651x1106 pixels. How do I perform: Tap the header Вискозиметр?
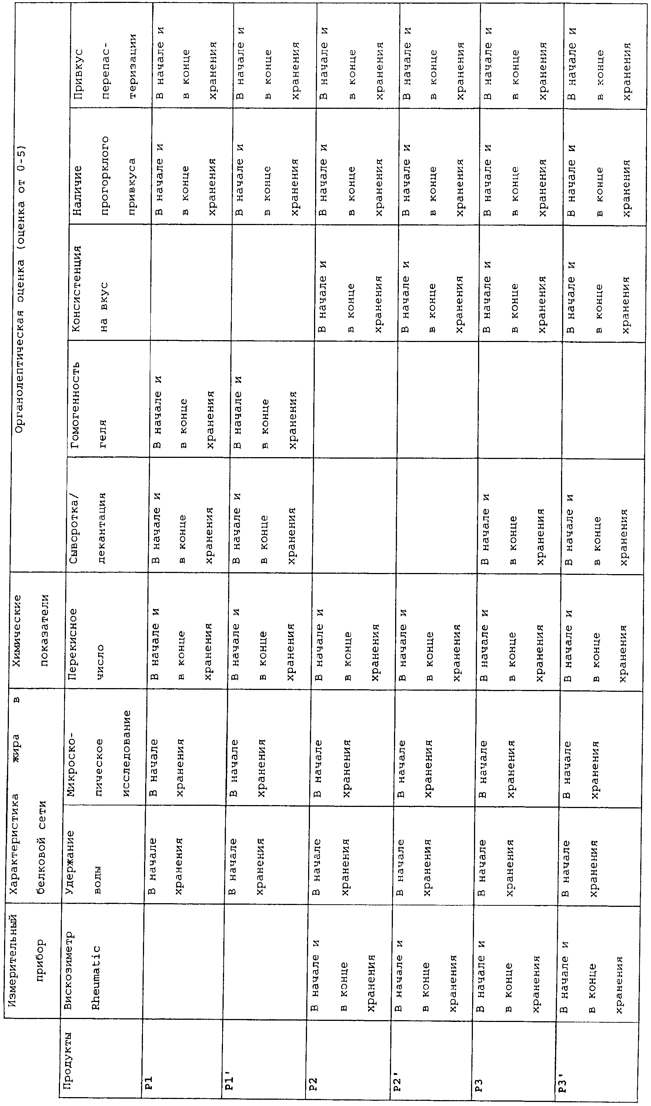pos(69,964)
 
